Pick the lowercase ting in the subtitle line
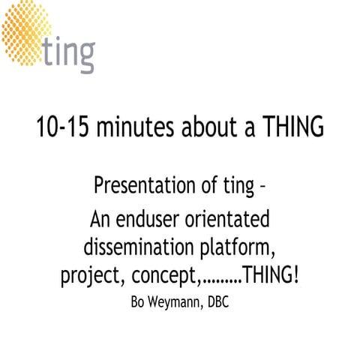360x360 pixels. coord(237,184)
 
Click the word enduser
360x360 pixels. coord(151,222)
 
